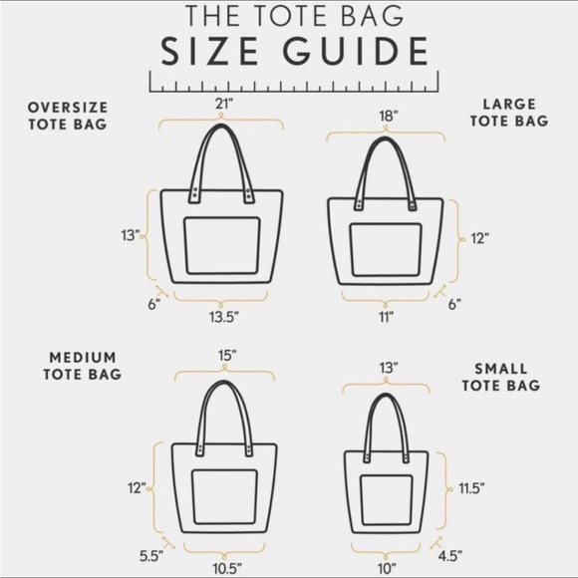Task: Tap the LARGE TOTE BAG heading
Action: point(510,112)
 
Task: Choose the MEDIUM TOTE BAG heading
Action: point(82,366)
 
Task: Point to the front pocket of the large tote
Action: point(386,252)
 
